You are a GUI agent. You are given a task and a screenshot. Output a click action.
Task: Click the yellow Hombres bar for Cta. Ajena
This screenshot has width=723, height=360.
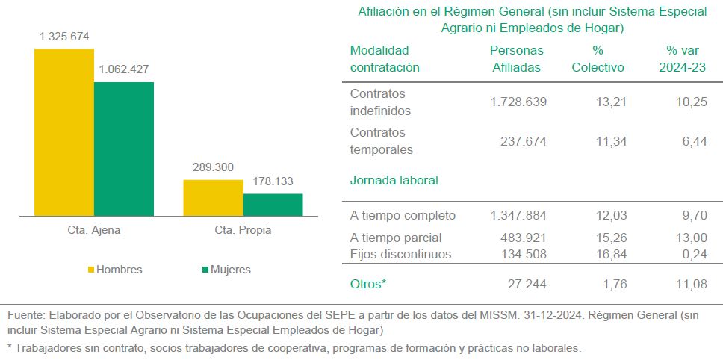(x=63, y=132)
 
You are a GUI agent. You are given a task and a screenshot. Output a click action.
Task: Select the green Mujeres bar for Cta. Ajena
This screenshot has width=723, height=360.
(x=123, y=149)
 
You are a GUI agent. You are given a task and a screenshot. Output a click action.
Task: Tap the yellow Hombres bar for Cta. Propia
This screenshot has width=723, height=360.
(x=213, y=198)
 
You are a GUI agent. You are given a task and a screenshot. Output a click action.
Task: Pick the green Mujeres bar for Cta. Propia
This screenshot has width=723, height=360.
(x=273, y=205)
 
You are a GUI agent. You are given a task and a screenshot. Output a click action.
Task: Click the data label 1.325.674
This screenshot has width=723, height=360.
(x=64, y=37)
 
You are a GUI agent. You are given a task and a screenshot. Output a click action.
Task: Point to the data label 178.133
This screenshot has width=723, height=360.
(x=273, y=181)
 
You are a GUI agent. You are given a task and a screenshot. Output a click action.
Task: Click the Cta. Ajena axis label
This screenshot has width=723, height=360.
(x=93, y=230)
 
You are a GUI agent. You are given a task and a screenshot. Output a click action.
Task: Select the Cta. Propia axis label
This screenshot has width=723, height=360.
(x=243, y=230)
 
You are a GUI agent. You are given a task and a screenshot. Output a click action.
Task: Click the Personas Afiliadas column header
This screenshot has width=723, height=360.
(x=516, y=59)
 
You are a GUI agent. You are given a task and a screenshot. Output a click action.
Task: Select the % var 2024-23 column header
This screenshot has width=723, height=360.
(x=682, y=59)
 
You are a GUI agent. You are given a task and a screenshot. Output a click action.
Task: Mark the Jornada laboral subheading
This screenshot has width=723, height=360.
(x=394, y=180)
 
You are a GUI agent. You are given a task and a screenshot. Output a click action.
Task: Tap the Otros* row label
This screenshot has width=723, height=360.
(x=368, y=284)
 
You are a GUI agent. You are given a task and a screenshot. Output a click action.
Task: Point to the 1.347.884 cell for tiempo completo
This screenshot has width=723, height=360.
(x=518, y=216)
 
